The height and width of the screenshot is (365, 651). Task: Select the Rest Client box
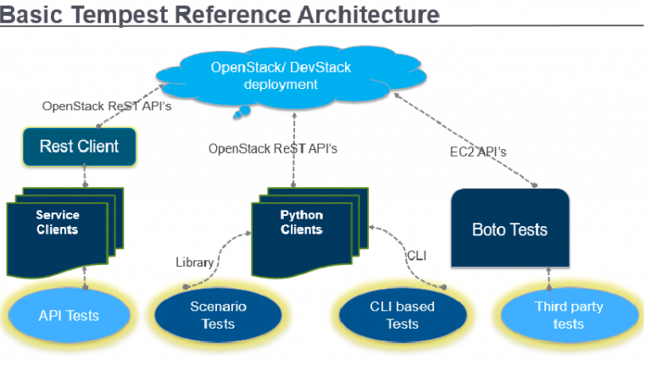79,146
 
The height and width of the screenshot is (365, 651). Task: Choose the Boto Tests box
509,229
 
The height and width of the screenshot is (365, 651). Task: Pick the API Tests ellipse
69,315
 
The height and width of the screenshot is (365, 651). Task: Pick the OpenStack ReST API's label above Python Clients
273,148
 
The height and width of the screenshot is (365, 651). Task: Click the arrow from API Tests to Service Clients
84,274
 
